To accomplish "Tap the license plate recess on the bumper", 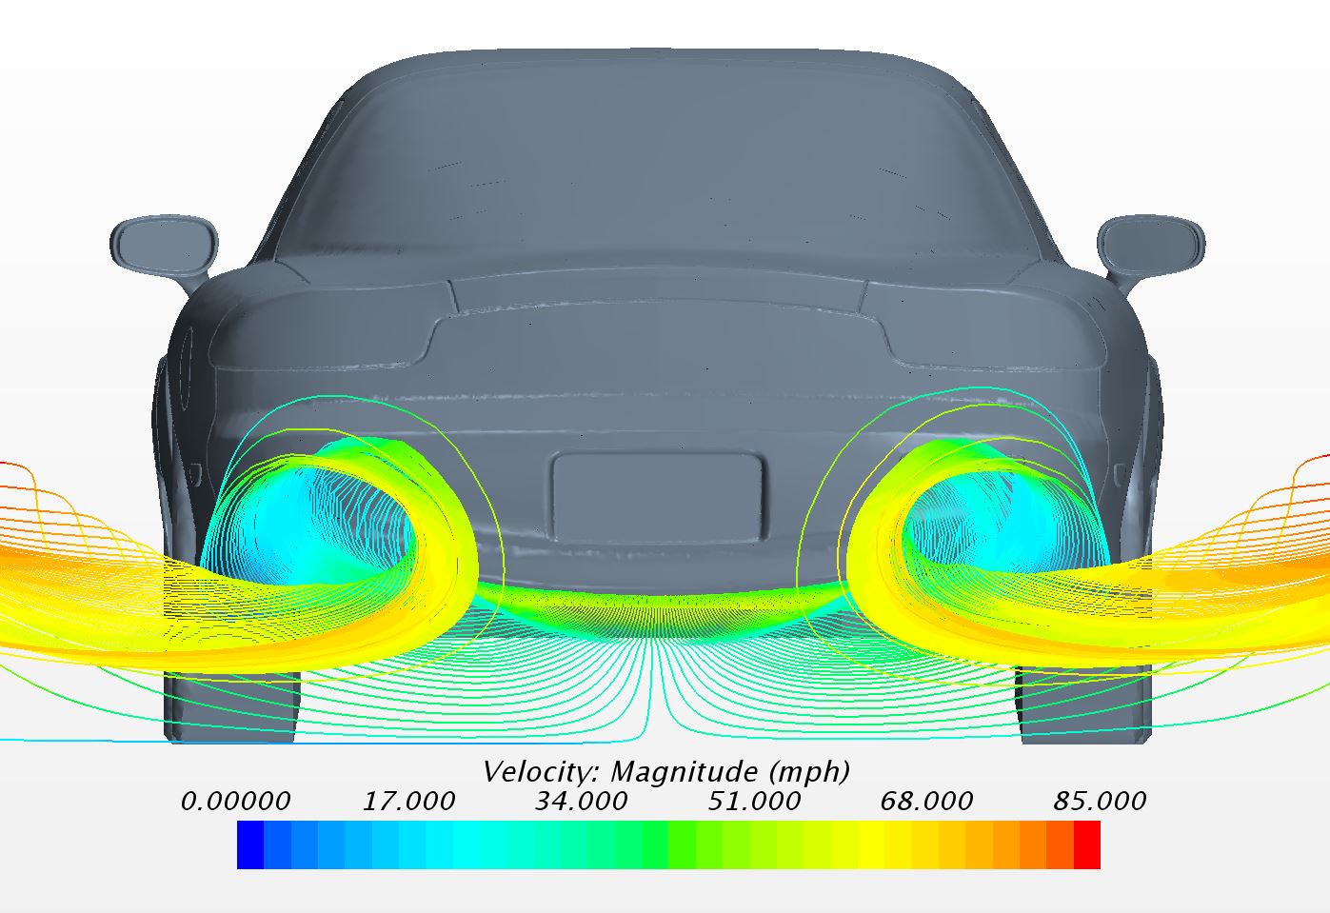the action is [x=657, y=498].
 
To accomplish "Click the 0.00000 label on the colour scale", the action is [x=236, y=802].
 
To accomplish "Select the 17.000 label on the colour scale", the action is [x=408, y=802].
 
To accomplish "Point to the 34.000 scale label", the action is [x=582, y=802].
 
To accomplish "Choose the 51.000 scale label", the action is [x=754, y=802].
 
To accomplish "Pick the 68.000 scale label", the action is [x=926, y=802].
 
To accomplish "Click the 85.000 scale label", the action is [x=1100, y=802].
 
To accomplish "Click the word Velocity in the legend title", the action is [x=543, y=773].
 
